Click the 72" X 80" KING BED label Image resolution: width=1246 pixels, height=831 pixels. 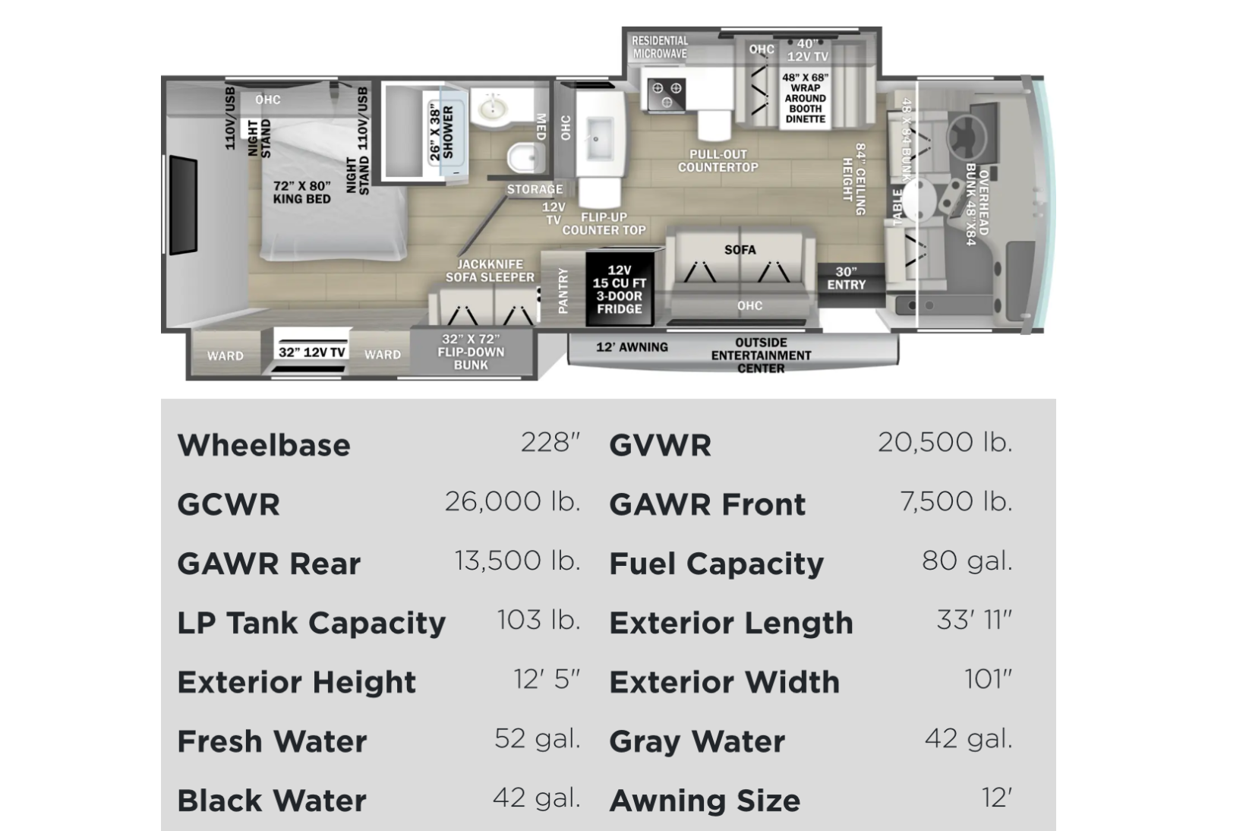[302, 192]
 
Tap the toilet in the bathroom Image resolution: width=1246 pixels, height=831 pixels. [525, 157]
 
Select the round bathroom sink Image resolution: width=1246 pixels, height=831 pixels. [492, 107]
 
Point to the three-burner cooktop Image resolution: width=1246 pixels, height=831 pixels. [667, 94]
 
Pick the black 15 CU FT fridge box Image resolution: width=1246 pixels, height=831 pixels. [619, 289]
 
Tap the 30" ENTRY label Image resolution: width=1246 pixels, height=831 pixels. [846, 278]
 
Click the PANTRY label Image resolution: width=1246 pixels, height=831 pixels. [563, 290]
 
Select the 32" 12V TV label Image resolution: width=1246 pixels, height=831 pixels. [312, 352]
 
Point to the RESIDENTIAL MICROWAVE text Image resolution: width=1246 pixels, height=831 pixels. [660, 47]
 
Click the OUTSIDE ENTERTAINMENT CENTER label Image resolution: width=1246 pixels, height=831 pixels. [761, 355]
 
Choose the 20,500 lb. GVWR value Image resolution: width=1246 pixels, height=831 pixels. [945, 443]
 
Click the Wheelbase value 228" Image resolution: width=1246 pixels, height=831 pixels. [550, 443]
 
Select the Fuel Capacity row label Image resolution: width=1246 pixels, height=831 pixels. [717, 564]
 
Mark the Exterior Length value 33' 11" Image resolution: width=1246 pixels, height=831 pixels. [974, 620]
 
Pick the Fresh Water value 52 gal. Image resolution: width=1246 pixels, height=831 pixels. [538, 739]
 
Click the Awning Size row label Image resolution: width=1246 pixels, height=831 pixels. [705, 801]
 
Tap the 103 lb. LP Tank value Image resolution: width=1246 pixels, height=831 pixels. [538, 620]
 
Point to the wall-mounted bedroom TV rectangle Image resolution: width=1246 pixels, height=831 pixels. [183, 205]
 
